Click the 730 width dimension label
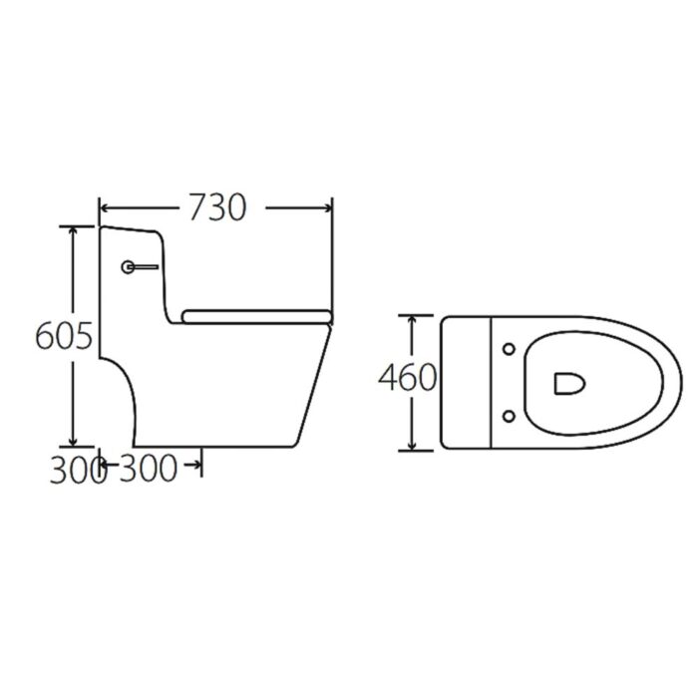point(216,207)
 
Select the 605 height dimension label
point(64,337)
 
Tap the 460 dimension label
point(407,378)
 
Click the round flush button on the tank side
point(128,267)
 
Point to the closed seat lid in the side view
point(256,316)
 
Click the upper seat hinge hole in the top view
point(511,349)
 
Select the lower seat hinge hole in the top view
point(511,414)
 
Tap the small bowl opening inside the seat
point(566,382)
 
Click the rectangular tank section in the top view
point(468,382)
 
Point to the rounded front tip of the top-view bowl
point(680,382)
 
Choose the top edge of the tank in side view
point(130,228)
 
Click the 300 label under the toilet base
point(150,469)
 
